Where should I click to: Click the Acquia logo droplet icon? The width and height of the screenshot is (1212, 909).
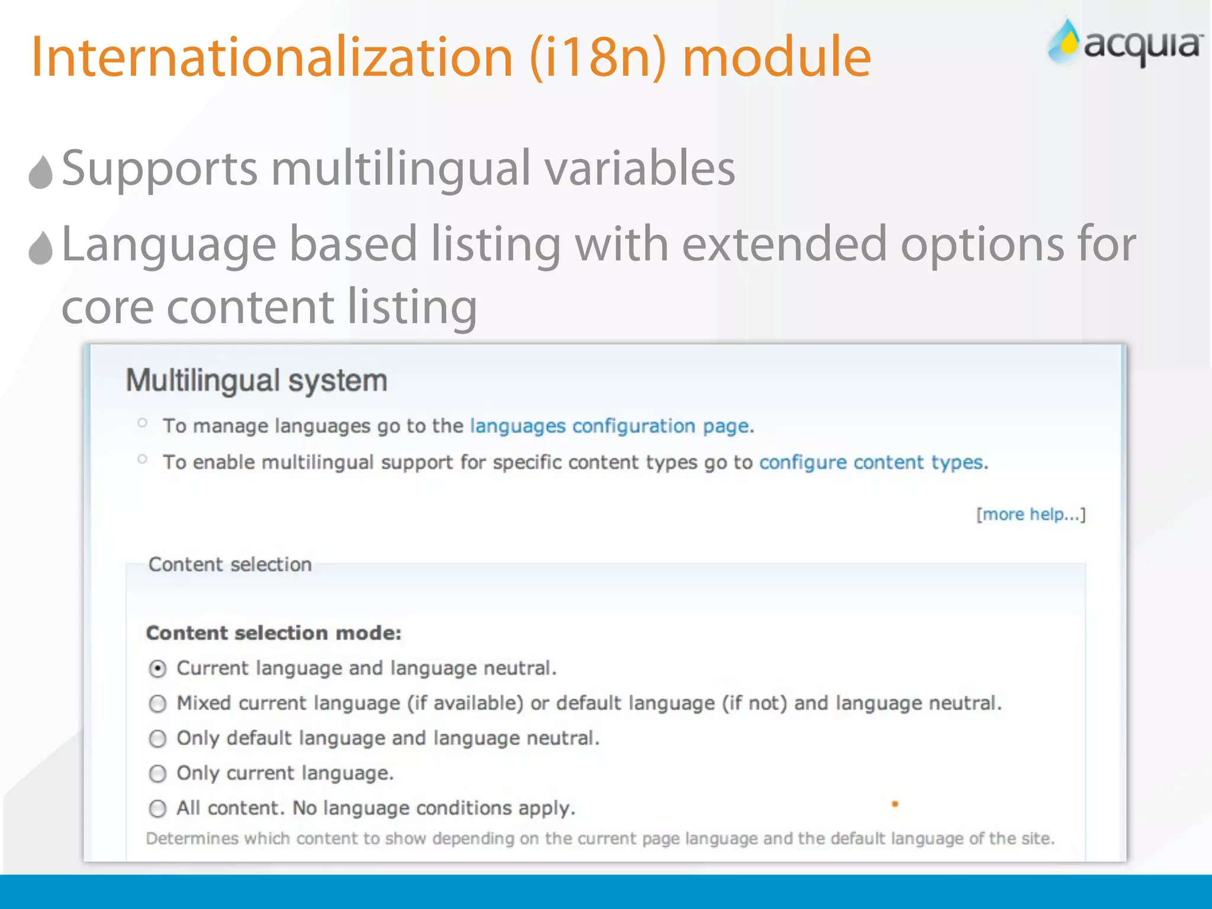(1065, 42)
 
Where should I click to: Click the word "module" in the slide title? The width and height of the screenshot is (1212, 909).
(776, 57)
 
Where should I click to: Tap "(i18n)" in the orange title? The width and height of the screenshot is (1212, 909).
(598, 58)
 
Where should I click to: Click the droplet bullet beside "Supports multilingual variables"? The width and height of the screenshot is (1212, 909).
(41, 172)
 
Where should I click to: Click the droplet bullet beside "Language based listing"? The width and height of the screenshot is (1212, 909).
(41, 248)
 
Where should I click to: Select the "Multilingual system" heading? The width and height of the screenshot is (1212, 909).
(256, 381)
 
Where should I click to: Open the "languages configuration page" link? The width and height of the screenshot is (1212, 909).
(610, 426)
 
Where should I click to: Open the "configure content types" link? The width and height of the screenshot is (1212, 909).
(871, 462)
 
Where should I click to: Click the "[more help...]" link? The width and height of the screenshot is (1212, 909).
(1030, 514)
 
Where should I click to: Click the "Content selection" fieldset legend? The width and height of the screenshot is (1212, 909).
(230, 565)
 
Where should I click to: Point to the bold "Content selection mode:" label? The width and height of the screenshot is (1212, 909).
(273, 633)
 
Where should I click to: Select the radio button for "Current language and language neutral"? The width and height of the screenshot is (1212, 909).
(157, 669)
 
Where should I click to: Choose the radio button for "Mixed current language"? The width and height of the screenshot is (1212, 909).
(157, 704)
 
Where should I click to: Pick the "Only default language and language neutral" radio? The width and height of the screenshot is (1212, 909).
(157, 739)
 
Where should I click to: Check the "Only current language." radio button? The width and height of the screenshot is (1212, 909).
(157, 773)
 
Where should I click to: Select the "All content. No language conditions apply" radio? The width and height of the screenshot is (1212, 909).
(157, 808)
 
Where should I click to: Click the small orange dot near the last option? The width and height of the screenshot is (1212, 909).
(895, 804)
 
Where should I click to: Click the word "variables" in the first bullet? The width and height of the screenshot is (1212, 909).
(639, 169)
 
